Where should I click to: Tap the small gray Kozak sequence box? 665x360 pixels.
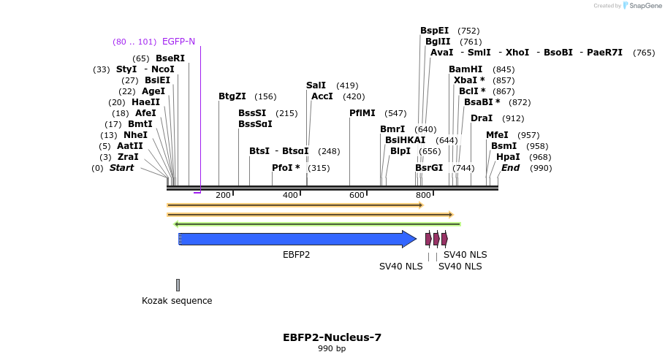click(x=178, y=285)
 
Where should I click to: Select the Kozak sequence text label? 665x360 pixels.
click(x=177, y=301)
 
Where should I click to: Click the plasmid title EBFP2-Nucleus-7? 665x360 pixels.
click(x=332, y=337)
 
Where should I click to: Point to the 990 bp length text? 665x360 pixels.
click(x=332, y=349)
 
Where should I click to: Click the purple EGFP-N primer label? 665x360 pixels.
click(x=178, y=42)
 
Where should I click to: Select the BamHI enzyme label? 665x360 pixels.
click(x=465, y=69)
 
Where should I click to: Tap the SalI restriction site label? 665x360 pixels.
click(x=316, y=85)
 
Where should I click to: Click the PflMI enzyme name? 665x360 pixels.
click(x=362, y=113)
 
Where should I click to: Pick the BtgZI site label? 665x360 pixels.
click(x=232, y=96)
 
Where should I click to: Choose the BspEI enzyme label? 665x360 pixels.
click(x=434, y=31)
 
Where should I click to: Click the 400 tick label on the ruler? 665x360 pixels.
click(x=290, y=195)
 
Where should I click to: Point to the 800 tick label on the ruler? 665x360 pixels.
click(x=423, y=195)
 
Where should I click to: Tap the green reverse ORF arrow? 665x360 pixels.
click(x=317, y=224)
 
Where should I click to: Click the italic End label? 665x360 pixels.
click(x=510, y=168)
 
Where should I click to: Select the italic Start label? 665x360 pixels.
click(x=121, y=168)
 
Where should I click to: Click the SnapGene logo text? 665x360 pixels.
click(x=645, y=6)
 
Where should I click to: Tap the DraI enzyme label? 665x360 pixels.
click(x=482, y=118)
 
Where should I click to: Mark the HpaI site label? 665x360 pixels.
click(x=508, y=157)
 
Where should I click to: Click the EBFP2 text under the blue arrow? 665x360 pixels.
click(x=296, y=255)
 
